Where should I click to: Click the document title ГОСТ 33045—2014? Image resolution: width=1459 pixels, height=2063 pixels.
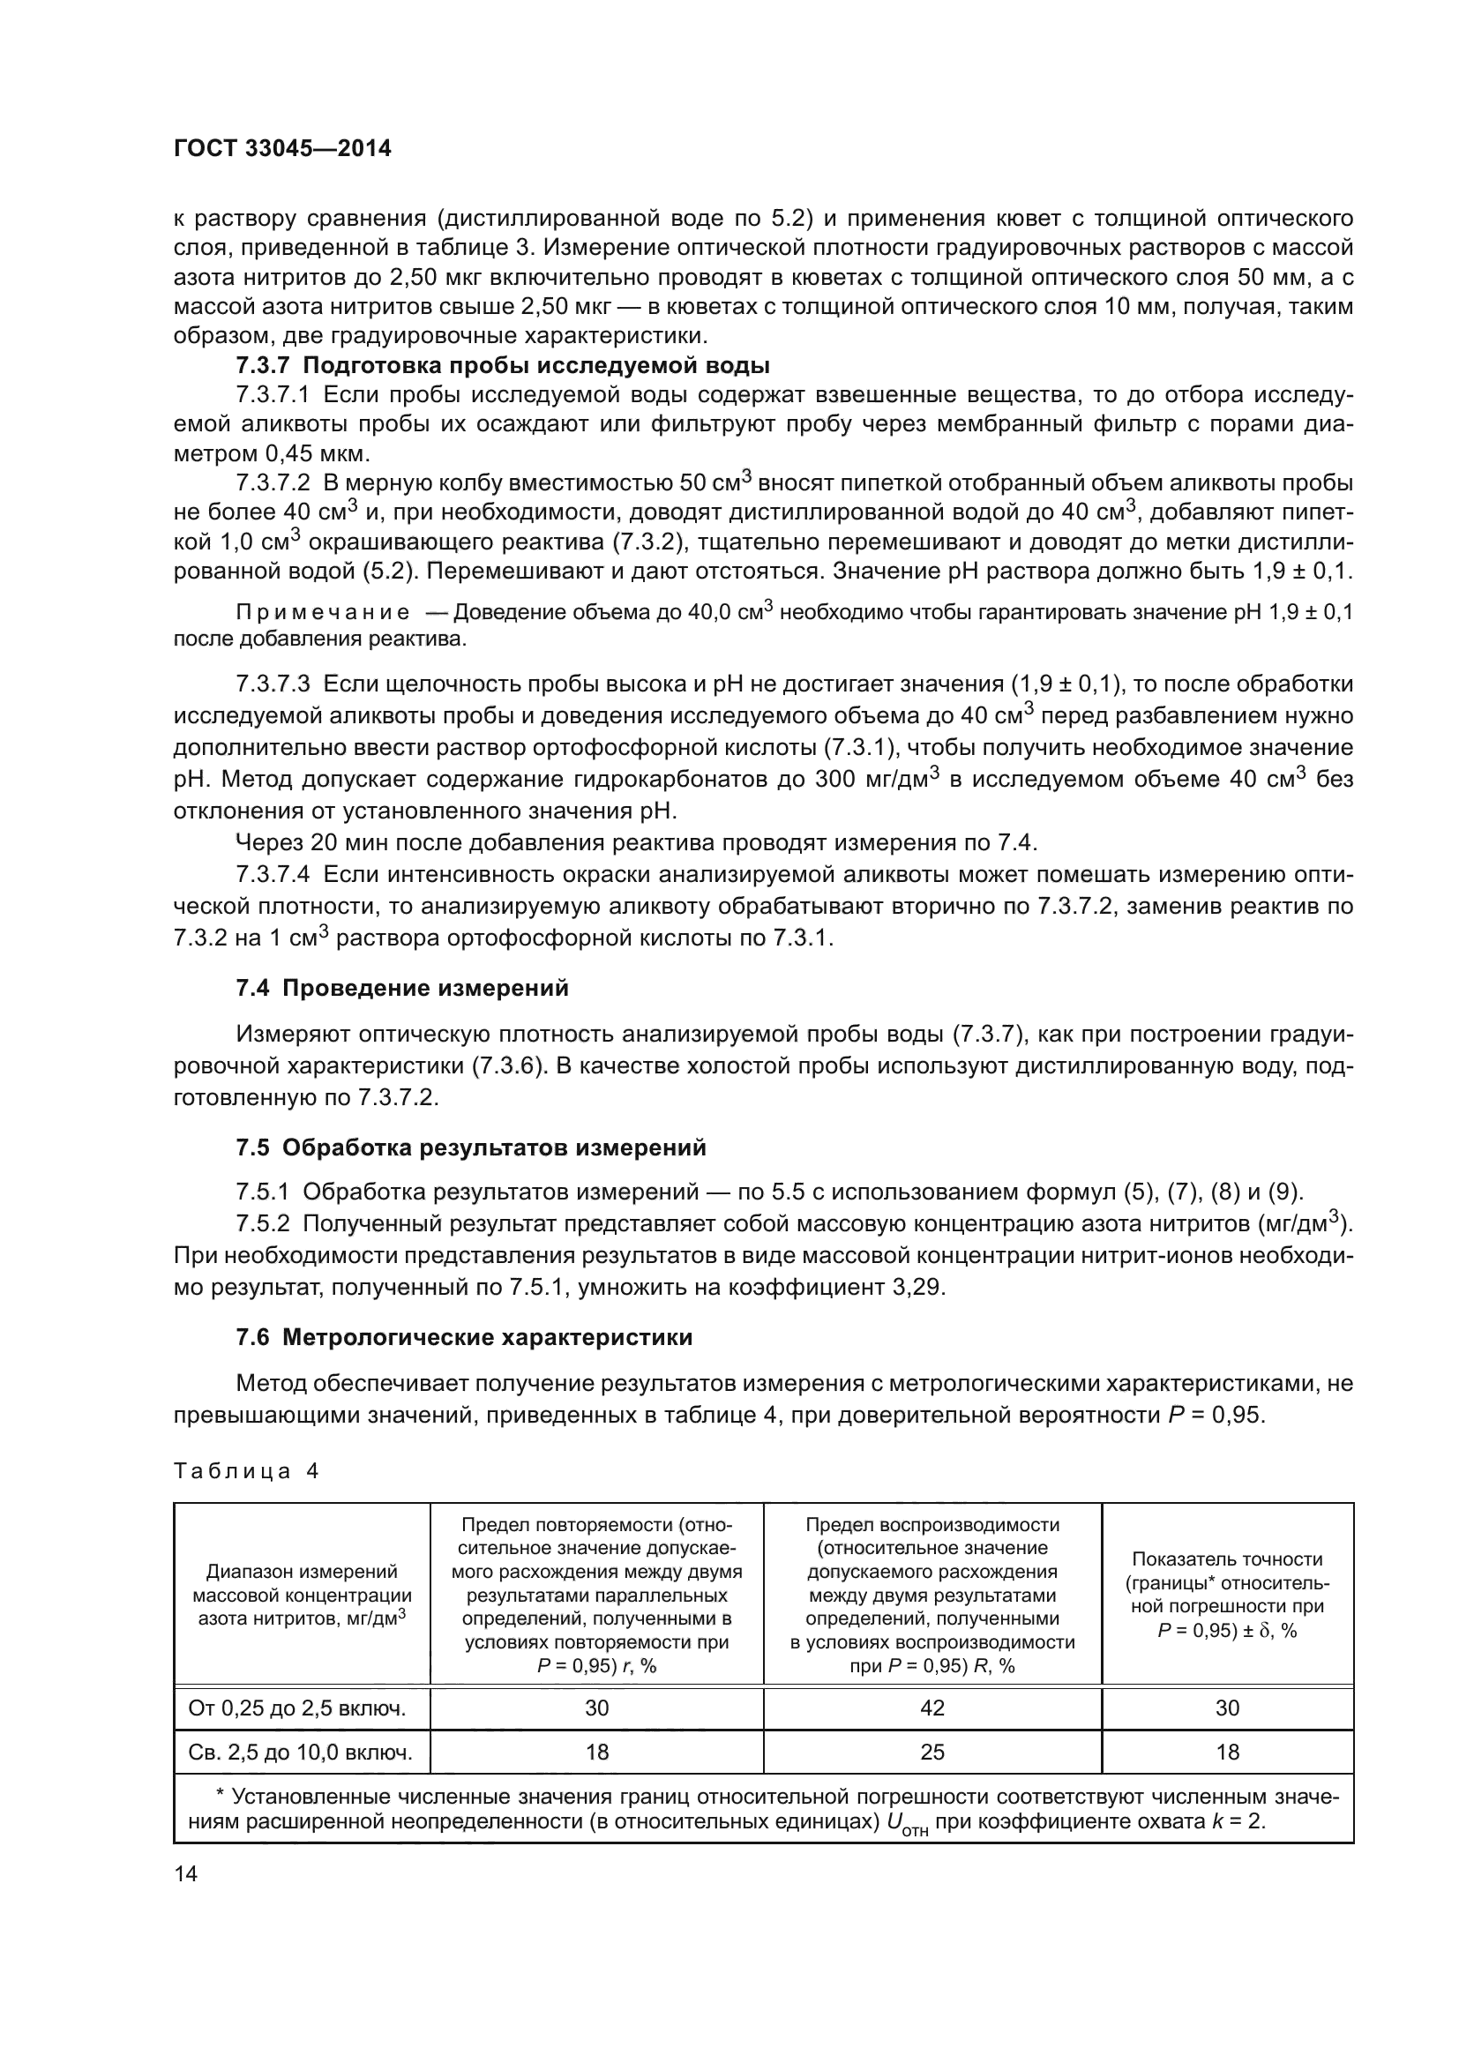[x=282, y=149]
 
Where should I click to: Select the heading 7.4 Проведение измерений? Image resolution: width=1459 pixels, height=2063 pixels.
[x=401, y=989]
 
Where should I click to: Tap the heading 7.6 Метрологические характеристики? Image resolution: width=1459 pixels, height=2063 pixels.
[x=464, y=1338]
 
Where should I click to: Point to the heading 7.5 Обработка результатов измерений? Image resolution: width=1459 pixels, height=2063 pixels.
[x=471, y=1148]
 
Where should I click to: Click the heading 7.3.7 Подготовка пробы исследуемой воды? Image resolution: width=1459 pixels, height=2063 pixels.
[x=502, y=366]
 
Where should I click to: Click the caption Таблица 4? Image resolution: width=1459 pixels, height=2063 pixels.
[x=245, y=1471]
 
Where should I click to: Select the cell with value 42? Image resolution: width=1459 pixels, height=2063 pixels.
[x=932, y=1708]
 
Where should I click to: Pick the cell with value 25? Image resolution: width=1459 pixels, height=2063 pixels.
[x=932, y=1752]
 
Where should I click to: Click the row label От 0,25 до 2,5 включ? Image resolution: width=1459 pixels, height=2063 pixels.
[x=297, y=1708]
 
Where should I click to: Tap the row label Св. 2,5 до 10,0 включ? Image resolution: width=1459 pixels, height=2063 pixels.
[x=301, y=1752]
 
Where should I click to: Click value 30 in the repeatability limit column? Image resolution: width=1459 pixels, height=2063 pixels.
[x=596, y=1708]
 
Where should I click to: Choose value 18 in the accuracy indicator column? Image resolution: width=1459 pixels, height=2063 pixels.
[x=1227, y=1752]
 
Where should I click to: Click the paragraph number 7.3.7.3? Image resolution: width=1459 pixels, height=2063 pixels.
[x=273, y=684]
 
